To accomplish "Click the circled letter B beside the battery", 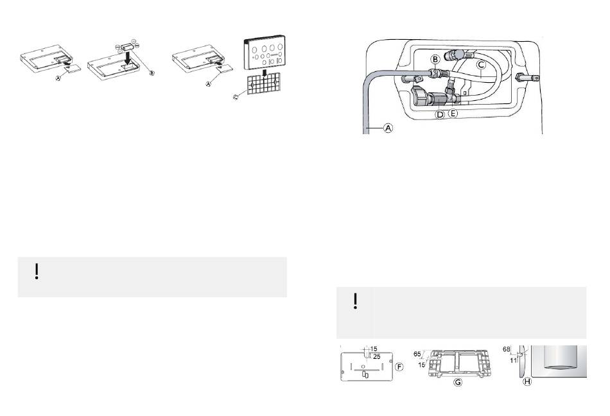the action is coord(152,73).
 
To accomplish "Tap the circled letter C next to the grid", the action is coord(236,97).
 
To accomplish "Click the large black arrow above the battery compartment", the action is coord(126,56).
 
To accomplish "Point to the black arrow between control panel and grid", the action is coord(265,73).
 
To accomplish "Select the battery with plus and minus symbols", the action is coord(127,46).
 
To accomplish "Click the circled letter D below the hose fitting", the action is coord(440,114).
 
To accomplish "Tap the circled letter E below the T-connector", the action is coord(453,113).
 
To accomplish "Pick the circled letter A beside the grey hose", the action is coord(388,127).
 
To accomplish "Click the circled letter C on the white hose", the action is coord(481,65).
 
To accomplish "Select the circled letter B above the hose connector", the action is coord(436,59).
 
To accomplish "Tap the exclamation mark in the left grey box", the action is coord(37,272).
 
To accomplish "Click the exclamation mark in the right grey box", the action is coord(356,301).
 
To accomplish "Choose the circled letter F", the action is coord(399,367).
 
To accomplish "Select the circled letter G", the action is coord(458,382).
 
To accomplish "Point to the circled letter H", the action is coord(527,382).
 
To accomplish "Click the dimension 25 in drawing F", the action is coord(376,356).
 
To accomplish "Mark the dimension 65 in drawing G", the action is coord(417,354).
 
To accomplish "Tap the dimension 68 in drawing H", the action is coord(506,349).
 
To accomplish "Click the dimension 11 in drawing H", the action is coord(513,360).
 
